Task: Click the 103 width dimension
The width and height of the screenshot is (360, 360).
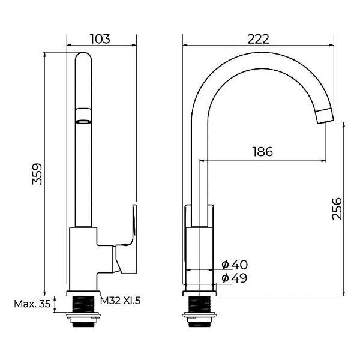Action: (x=100, y=39)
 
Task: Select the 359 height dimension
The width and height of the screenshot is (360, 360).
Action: (x=38, y=173)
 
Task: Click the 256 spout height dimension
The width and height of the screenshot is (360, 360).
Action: (x=337, y=208)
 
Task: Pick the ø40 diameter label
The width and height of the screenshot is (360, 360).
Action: (x=235, y=265)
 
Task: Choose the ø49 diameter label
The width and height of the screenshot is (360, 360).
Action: (x=235, y=278)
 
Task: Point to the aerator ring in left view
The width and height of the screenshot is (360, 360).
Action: (x=84, y=115)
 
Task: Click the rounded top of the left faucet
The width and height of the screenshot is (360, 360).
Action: (x=84, y=57)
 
